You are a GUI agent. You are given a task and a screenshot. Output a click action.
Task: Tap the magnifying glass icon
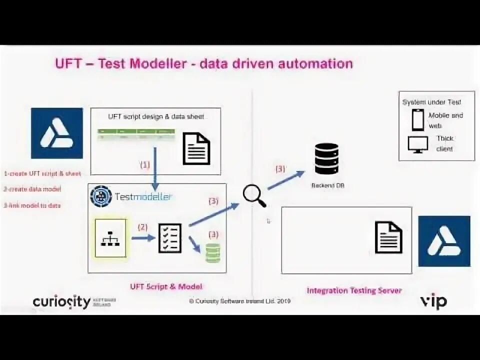[x=254, y=195]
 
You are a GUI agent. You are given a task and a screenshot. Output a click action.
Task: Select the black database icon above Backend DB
[x=326, y=159]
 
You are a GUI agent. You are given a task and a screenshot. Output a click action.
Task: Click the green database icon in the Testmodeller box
[x=212, y=253]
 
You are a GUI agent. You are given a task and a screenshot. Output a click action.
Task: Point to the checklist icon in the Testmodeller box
[x=170, y=238]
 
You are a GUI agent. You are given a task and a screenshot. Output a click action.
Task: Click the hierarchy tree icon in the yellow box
[x=110, y=238]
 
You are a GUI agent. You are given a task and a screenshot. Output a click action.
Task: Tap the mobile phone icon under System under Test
[x=417, y=119]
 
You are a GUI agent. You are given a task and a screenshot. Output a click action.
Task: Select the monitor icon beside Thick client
[x=417, y=144]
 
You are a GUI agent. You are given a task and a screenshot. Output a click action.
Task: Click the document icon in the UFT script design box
[x=196, y=148]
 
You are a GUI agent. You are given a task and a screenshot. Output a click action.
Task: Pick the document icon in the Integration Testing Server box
[x=388, y=237]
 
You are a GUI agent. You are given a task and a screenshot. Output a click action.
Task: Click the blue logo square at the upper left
[x=56, y=133]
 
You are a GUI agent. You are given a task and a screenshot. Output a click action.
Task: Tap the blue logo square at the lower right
[x=444, y=241]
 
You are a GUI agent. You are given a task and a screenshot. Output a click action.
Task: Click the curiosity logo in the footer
[x=61, y=301]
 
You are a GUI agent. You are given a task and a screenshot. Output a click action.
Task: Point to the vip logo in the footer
[x=433, y=301]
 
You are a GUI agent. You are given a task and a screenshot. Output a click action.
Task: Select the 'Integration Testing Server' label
[x=354, y=290]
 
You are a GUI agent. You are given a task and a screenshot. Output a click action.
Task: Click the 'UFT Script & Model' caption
[x=166, y=286]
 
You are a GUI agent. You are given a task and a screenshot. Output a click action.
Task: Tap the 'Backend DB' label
[x=328, y=185]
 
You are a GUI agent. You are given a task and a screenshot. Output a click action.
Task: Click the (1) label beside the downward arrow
[x=144, y=164]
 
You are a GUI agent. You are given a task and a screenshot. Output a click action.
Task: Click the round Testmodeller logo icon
[x=101, y=196]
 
